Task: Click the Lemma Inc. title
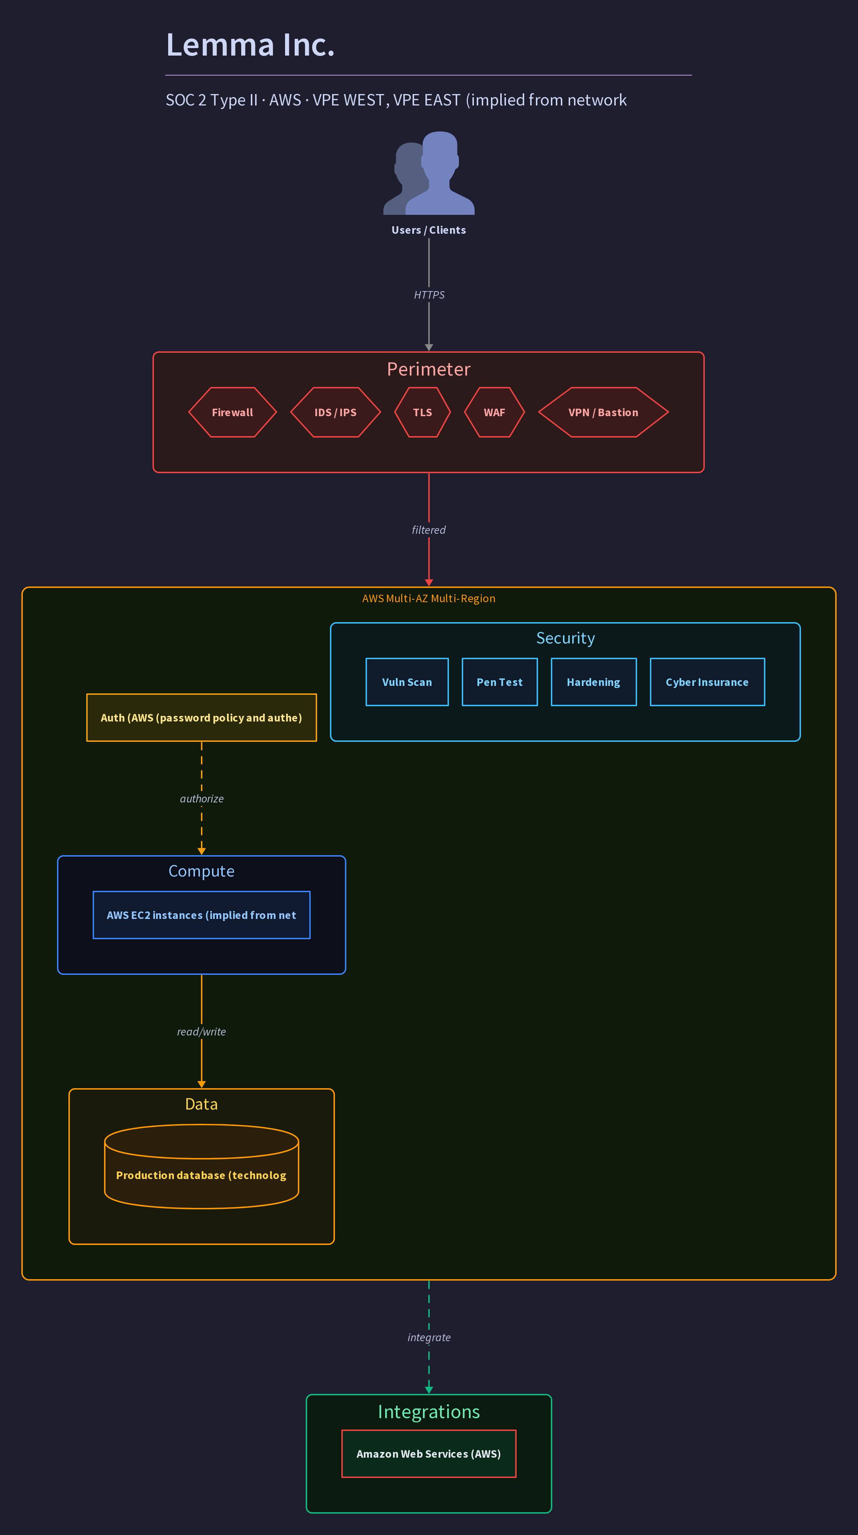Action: click(x=250, y=45)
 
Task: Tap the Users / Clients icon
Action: click(x=429, y=173)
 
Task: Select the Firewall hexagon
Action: click(x=232, y=412)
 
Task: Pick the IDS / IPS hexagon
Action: click(x=335, y=412)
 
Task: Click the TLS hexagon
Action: click(x=423, y=412)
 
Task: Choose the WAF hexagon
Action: click(x=495, y=412)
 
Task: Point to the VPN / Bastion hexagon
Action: click(x=603, y=412)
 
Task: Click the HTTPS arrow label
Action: click(x=429, y=295)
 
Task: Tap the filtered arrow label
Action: click(x=429, y=530)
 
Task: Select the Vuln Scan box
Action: click(x=407, y=682)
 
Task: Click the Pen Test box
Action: click(x=500, y=682)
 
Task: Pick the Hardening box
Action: click(x=594, y=682)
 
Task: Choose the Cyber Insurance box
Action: click(x=707, y=682)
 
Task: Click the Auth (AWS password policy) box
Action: click(x=201, y=718)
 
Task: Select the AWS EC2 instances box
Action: click(x=201, y=915)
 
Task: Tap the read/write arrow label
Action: click(x=201, y=1032)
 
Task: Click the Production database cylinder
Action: click(x=201, y=1167)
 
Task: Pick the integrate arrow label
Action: click(x=429, y=1337)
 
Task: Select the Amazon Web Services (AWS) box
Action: click(x=429, y=1454)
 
